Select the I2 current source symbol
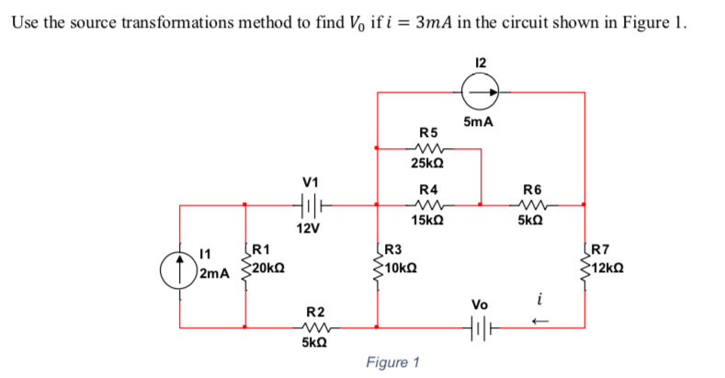click(481, 91)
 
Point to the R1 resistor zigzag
click(244, 266)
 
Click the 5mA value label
click(480, 122)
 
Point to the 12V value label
click(308, 227)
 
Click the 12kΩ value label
click(610, 268)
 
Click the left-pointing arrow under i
click(541, 321)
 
